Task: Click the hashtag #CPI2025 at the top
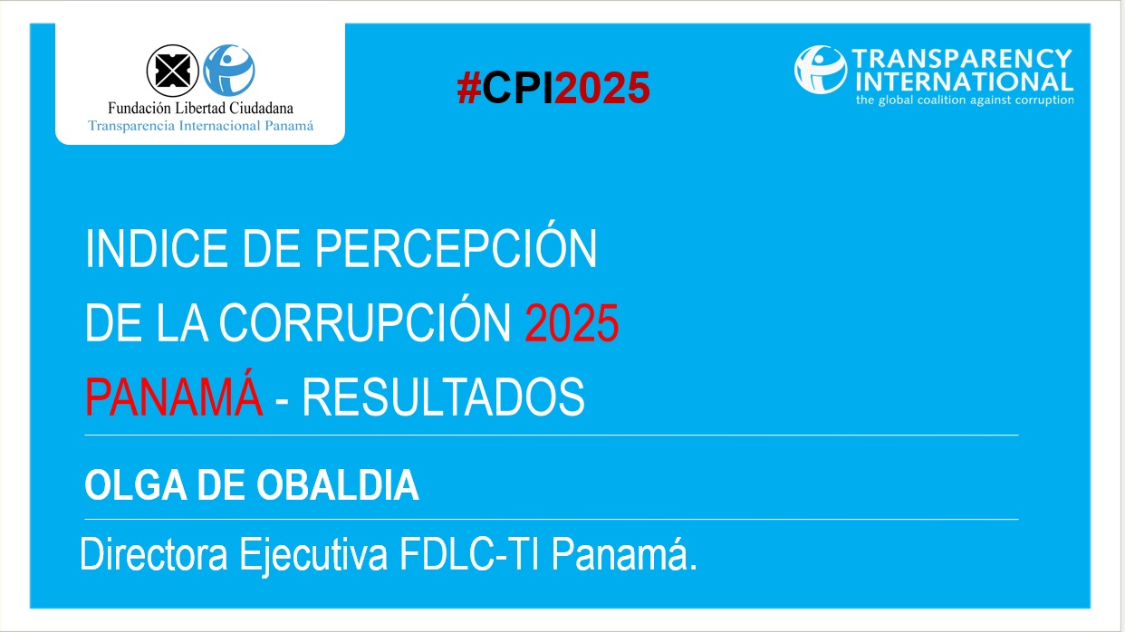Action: click(553, 88)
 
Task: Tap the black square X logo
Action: click(172, 70)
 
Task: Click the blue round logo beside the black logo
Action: click(229, 70)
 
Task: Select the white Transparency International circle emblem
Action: click(820, 70)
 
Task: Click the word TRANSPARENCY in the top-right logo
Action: click(961, 60)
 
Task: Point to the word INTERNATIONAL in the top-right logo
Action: click(961, 81)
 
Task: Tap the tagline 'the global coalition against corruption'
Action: click(964, 100)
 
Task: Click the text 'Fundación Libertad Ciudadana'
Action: click(200, 109)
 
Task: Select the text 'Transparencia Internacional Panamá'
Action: click(200, 125)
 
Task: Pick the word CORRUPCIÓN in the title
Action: click(366, 323)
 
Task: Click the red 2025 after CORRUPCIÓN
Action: click(572, 323)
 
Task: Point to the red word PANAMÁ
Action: click(174, 397)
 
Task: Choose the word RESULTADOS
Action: click(443, 397)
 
